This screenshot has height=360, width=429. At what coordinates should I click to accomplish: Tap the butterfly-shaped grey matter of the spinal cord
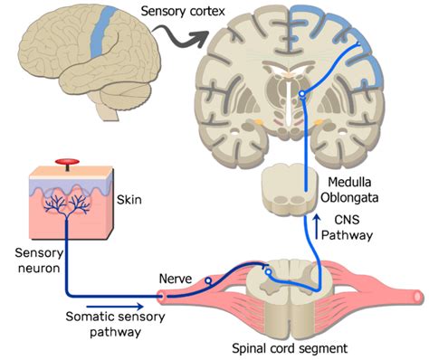284,289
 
